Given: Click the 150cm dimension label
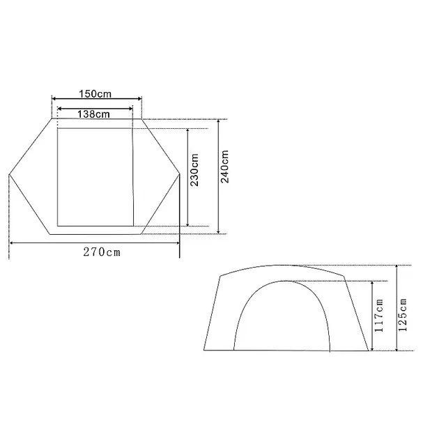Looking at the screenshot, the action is [95, 93].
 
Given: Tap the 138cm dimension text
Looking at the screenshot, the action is [93, 114].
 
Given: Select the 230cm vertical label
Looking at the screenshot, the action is [194, 170].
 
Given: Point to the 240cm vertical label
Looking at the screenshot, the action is [224, 167].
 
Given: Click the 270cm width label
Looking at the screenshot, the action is [102, 252].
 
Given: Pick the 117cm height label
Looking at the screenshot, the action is [379, 316].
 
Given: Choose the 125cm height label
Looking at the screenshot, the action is [403, 315].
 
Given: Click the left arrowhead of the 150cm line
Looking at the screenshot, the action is [54, 99].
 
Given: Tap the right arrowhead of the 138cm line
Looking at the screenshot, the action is [131, 109].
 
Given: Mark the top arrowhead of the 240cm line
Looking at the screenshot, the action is [218, 121].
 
